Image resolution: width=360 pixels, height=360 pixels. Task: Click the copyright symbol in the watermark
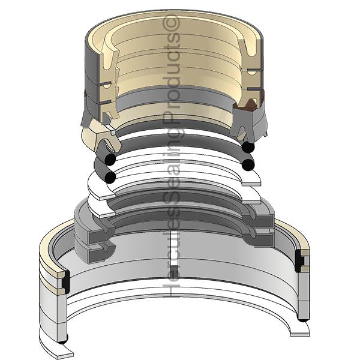[171, 25]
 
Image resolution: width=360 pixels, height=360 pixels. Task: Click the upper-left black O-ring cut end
[110, 160]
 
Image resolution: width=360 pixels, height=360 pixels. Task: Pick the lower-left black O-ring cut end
[110, 178]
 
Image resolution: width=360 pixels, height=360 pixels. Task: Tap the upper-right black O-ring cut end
[248, 147]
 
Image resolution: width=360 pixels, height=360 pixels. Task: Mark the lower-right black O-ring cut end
[248, 165]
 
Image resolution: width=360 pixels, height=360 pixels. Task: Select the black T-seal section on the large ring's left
[67, 282]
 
